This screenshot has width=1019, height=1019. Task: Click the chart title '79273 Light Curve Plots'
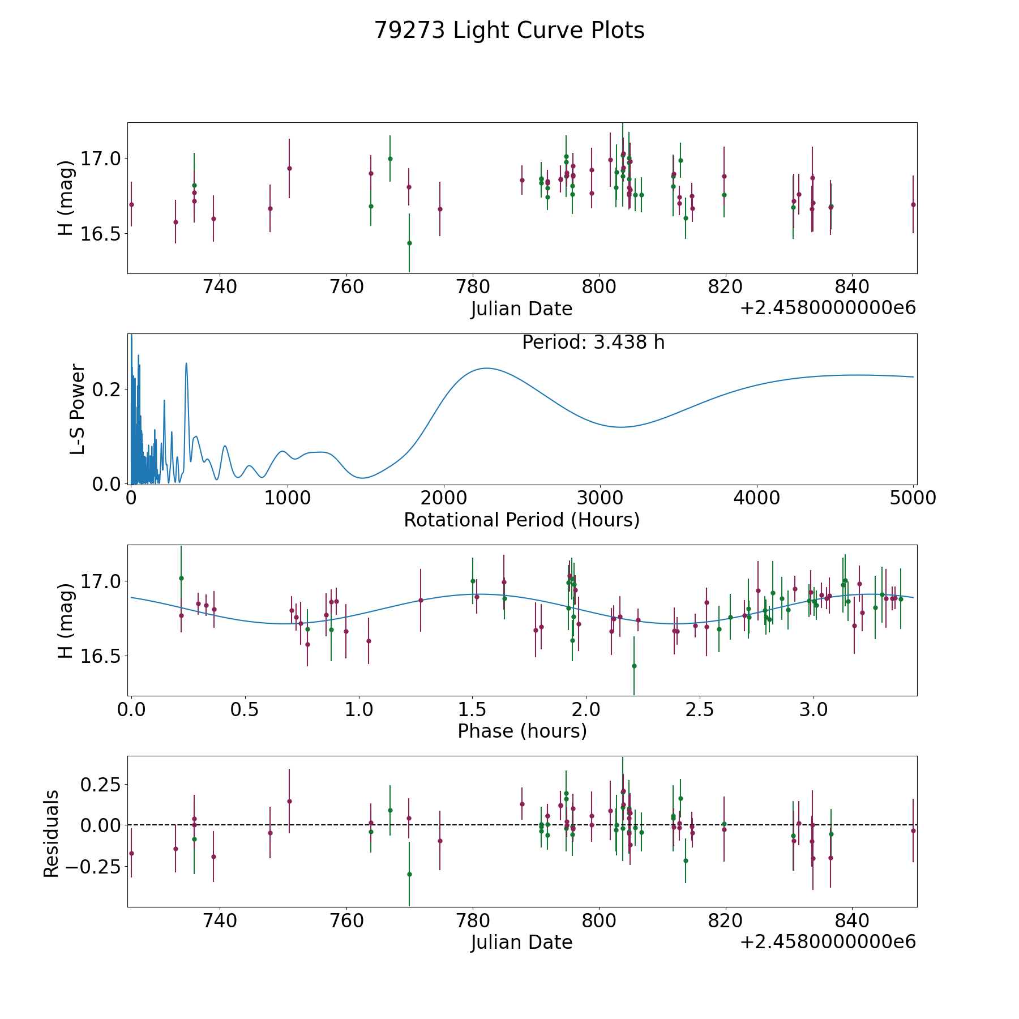point(509,31)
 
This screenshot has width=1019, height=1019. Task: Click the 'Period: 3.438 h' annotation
point(593,342)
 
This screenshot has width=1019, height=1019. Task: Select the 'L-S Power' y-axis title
point(78,409)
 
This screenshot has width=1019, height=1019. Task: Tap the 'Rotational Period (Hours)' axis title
point(522,520)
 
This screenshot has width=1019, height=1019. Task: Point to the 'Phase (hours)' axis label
point(522,731)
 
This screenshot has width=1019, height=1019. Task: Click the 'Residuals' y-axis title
point(52,833)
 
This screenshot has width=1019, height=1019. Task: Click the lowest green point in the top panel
point(409,243)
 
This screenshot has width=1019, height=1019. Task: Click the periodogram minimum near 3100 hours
point(622,427)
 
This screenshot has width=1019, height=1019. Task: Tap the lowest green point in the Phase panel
point(634,666)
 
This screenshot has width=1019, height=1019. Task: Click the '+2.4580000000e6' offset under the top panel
point(828,309)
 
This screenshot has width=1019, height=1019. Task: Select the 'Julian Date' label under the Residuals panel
point(522,942)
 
